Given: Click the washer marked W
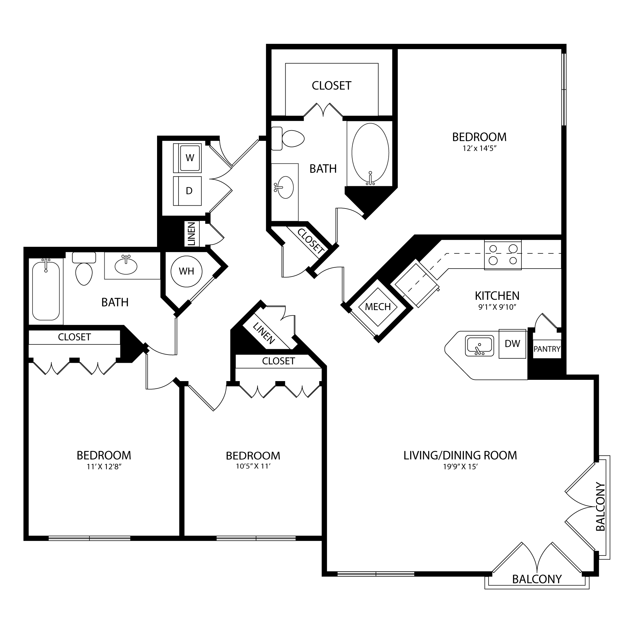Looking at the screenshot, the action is click(x=187, y=158).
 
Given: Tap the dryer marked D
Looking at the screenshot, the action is click(x=187, y=191).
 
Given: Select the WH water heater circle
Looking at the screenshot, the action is click(x=186, y=271).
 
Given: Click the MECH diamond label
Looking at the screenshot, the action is click(x=378, y=307).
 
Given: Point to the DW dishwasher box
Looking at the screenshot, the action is click(x=512, y=343).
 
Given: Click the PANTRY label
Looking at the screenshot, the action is click(x=547, y=349).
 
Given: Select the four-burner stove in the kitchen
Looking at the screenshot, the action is click(x=503, y=254).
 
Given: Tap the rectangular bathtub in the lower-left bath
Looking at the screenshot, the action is click(x=46, y=290).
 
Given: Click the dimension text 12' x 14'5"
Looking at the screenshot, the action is click(x=480, y=148).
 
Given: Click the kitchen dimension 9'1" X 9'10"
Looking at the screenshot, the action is click(x=497, y=307).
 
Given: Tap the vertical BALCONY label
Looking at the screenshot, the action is click(x=601, y=511).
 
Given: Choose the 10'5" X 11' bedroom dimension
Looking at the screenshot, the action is click(x=253, y=466).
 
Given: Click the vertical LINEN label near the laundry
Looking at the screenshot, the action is click(x=192, y=234).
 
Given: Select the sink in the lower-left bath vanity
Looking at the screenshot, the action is click(x=126, y=266).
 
